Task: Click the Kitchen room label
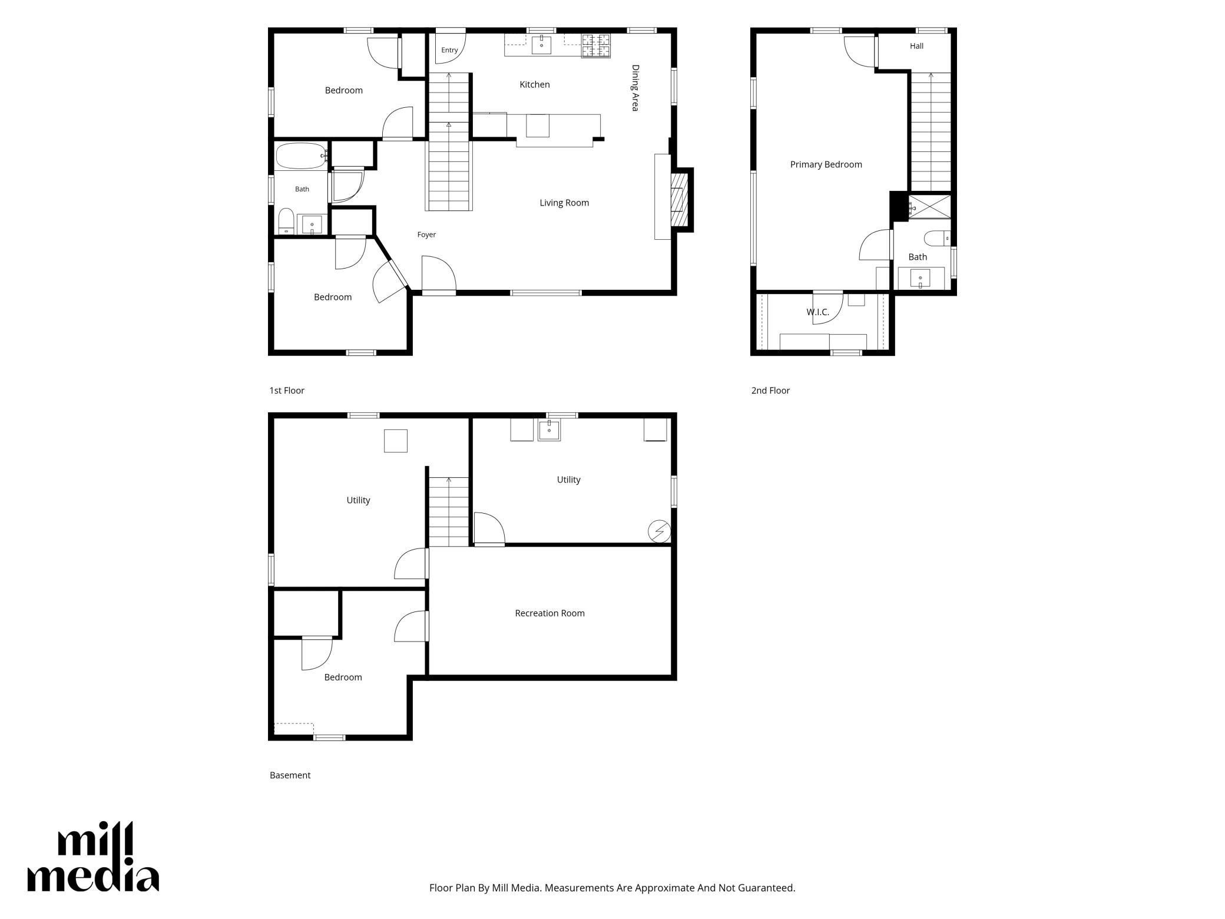tap(535, 85)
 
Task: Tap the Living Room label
tap(564, 203)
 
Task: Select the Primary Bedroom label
tap(826, 165)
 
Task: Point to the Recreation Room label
tap(549, 613)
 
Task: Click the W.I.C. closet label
tap(817, 312)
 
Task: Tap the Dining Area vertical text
tap(635, 88)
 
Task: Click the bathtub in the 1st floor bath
tap(301, 156)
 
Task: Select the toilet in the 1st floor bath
tap(286, 221)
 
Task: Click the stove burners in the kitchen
tap(595, 46)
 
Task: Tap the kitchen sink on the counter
tap(541, 45)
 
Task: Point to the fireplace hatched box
tap(679, 200)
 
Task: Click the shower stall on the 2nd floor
tap(929, 207)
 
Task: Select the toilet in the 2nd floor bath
tap(937, 239)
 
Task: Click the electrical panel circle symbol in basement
tap(659, 532)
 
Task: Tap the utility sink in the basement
tap(549, 430)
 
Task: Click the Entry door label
tap(449, 50)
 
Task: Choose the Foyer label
tap(426, 234)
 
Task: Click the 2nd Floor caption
tap(770, 391)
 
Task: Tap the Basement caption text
tap(290, 775)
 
